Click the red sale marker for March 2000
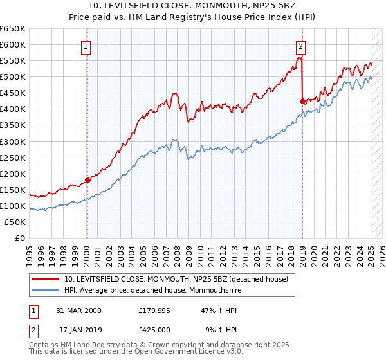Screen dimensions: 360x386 point(88,180)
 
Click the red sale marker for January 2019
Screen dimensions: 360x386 point(302,101)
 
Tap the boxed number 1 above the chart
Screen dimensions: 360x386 point(86,46)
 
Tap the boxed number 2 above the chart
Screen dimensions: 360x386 point(300,46)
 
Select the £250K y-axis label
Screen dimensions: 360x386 point(14,157)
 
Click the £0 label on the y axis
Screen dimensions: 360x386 point(20,239)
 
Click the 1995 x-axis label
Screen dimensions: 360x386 point(30,251)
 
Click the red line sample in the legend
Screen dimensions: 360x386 point(45,279)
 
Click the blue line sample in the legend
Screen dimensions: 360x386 point(45,290)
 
